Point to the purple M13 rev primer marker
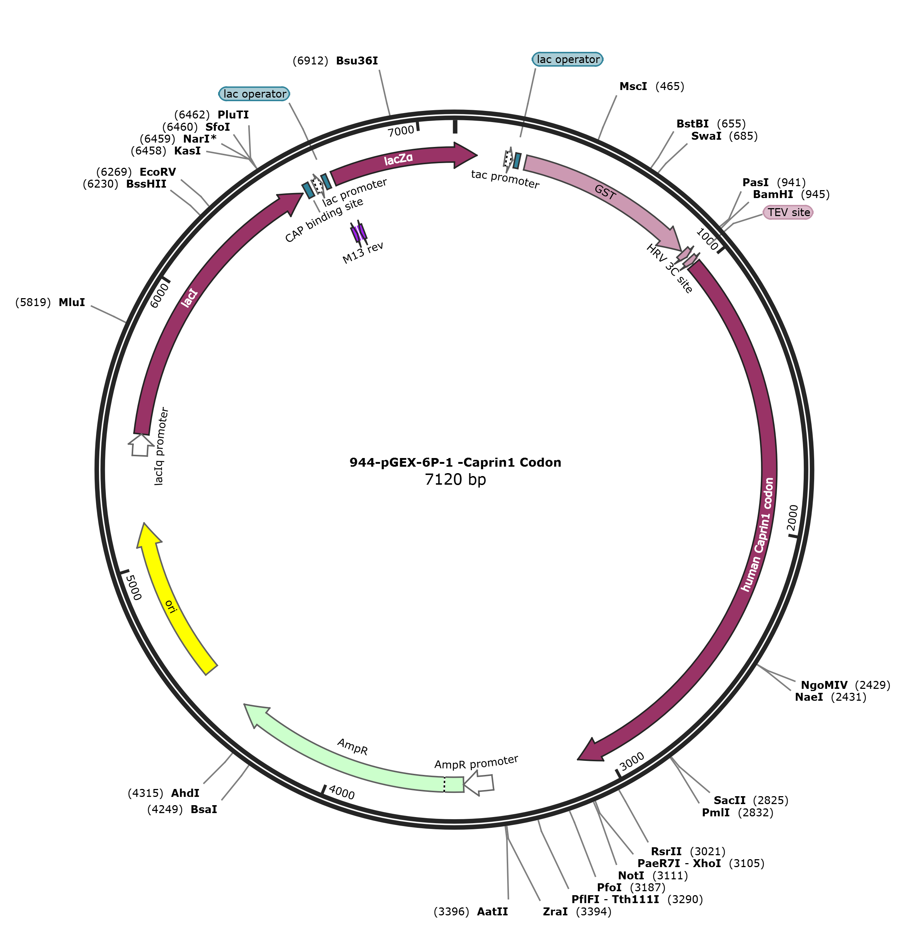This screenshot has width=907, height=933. (x=359, y=233)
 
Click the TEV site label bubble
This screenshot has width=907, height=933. (x=788, y=212)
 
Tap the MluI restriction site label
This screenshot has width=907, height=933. (x=72, y=302)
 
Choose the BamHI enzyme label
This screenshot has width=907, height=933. (x=773, y=194)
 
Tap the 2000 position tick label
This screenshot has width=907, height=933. (x=792, y=517)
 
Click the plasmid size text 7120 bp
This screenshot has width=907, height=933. (x=455, y=479)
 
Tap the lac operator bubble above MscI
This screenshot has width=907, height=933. (x=567, y=59)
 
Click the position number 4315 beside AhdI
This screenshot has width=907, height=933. (x=145, y=793)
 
